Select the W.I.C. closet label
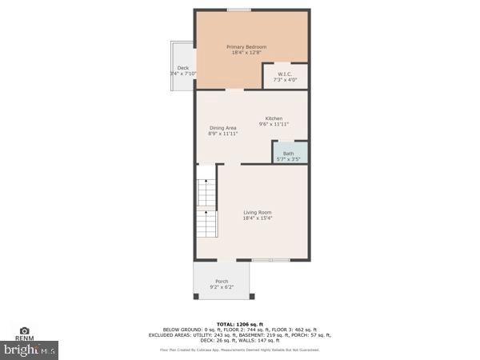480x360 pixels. click(x=286, y=74)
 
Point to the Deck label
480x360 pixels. click(x=183, y=68)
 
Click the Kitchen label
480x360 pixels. click(x=274, y=118)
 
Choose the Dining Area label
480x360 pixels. click(x=223, y=128)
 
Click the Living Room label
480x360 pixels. click(x=258, y=212)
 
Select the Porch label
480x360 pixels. click(x=222, y=281)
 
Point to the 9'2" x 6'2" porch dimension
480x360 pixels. click(x=222, y=287)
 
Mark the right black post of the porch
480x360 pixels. click(x=247, y=297)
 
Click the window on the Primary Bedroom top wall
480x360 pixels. click(x=238, y=10)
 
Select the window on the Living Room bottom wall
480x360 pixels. click(x=270, y=260)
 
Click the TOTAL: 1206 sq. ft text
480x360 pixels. click(x=240, y=323)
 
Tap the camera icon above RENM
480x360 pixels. click(x=24, y=330)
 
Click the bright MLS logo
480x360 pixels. click(x=30, y=350)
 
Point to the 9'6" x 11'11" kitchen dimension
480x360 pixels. click(x=274, y=125)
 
